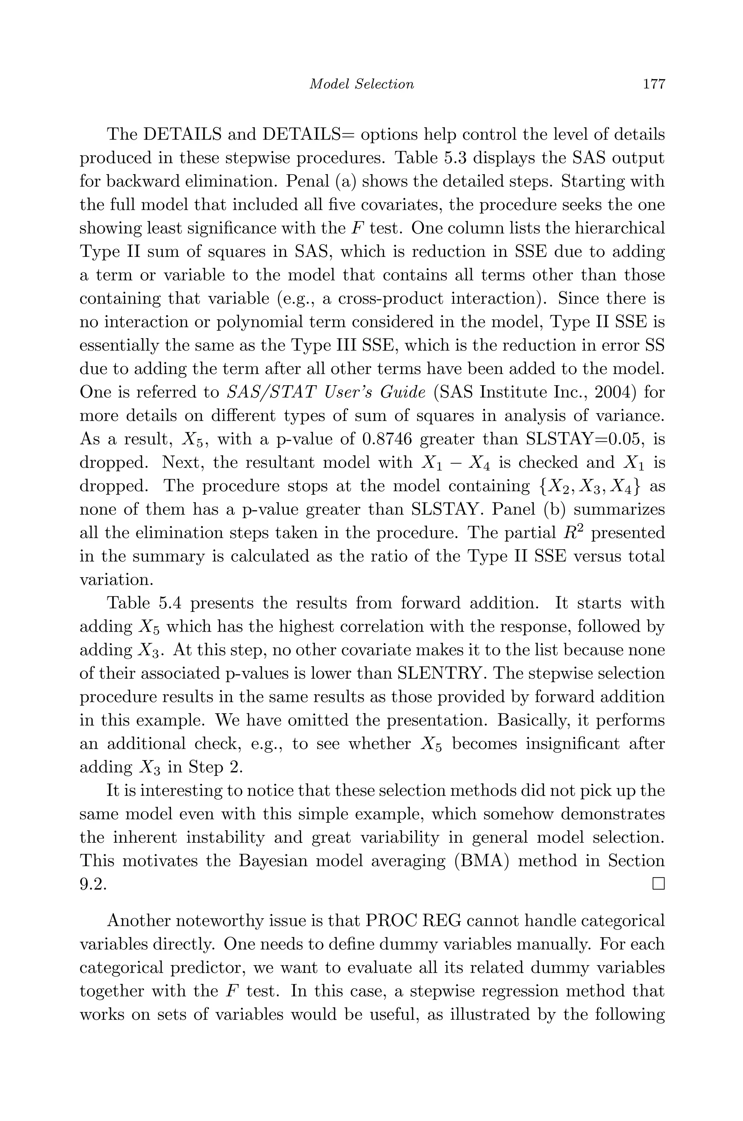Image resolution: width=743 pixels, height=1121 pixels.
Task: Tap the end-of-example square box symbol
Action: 658,884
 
